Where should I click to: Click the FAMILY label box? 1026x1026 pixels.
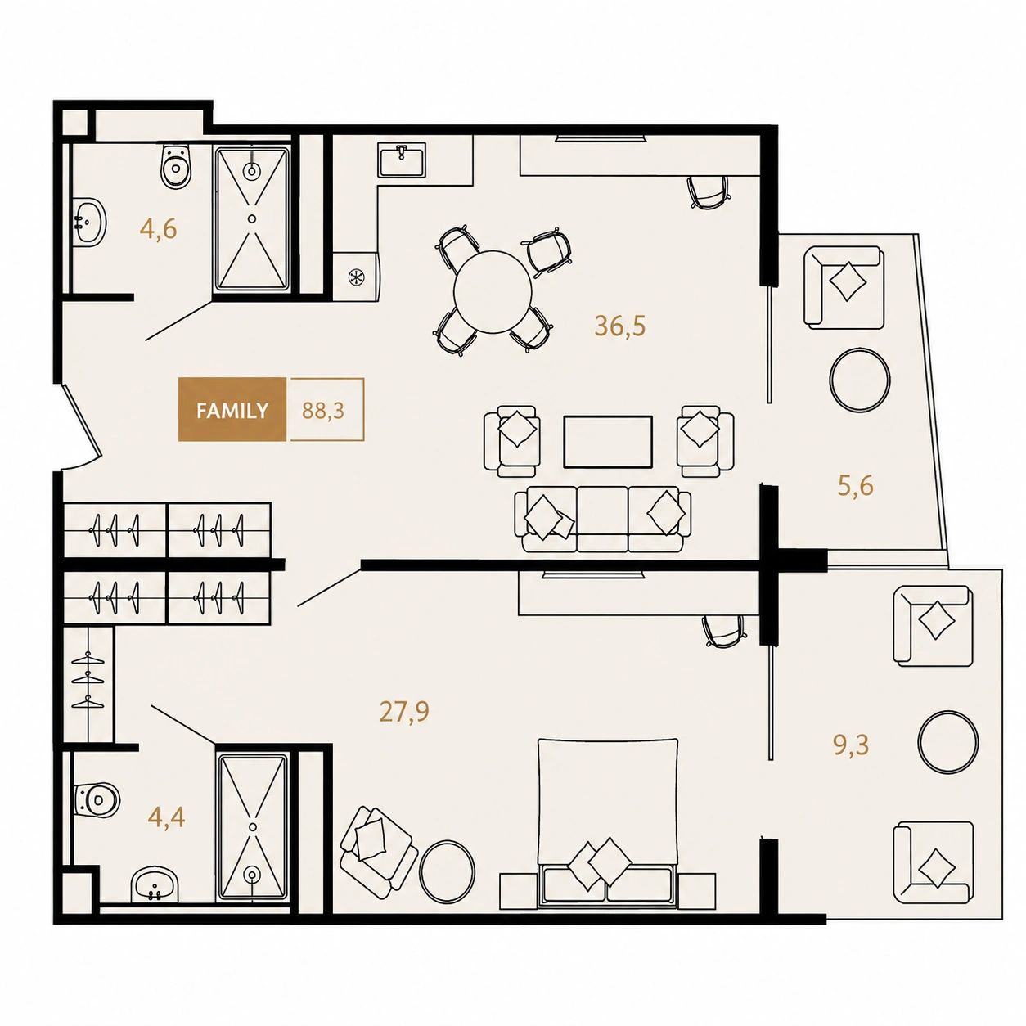[232, 409]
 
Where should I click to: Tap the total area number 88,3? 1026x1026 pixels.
[322, 411]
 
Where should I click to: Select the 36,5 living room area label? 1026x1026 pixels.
[619, 326]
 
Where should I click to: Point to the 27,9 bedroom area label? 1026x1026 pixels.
[404, 711]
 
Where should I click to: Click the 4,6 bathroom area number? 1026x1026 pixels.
[158, 229]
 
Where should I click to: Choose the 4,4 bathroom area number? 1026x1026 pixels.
[166, 817]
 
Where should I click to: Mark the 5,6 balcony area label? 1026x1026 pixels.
[855, 485]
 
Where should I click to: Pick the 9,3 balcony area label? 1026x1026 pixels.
[851, 745]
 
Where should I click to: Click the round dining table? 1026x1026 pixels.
[493, 292]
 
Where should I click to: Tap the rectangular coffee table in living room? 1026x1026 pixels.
[608, 442]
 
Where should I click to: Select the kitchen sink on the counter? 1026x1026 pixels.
[402, 160]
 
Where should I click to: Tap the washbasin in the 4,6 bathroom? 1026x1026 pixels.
[89, 223]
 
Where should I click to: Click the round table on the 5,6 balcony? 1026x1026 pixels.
[859, 380]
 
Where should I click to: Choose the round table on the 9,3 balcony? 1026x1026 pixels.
[947, 742]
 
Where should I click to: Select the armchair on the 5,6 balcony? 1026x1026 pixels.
[844, 287]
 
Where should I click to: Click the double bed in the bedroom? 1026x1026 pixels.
[608, 822]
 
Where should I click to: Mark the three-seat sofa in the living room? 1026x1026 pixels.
[603, 518]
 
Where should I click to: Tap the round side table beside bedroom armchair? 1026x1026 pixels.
[447, 871]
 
